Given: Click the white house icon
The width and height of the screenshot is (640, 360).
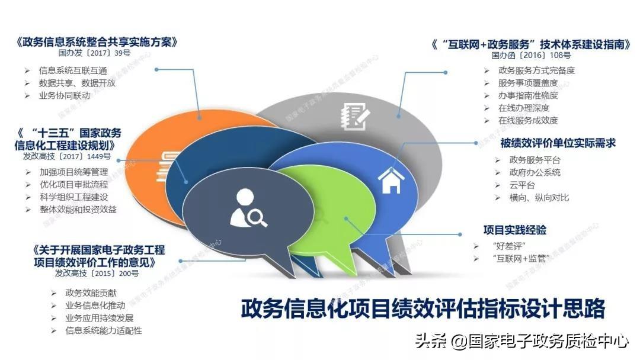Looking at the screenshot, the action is point(391,180).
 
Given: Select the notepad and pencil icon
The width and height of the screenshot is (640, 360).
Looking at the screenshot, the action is point(356,117).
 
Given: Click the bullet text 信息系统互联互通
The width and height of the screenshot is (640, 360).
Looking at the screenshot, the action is point(73,70).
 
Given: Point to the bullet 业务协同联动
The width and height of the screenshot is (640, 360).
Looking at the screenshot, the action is point(65,95).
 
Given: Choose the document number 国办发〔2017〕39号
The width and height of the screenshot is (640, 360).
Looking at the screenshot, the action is point(94,53).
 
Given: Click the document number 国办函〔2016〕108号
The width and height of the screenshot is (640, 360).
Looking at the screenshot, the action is point(531,55).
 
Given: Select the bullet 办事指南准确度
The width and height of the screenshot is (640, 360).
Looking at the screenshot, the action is point(528,95).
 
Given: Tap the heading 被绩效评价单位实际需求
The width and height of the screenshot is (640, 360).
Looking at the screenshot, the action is point(558,143).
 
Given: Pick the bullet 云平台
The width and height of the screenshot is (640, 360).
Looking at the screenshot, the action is point(522,185).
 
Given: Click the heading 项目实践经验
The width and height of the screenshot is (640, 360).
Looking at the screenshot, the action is point(515,230).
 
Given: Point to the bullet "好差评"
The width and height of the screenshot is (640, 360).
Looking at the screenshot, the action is point(510,246).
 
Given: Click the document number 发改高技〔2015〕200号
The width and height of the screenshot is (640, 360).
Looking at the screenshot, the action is point(97,273).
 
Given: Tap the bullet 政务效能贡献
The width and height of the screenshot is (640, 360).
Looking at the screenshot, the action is point(91,293).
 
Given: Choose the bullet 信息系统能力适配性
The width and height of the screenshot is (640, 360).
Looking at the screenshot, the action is point(104,330).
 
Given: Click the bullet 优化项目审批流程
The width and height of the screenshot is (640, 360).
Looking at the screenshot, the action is point(74,185).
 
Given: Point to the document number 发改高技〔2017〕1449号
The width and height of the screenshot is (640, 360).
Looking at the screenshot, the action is point(67,156).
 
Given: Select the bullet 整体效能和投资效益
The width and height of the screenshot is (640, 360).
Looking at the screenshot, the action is point(78,210).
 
